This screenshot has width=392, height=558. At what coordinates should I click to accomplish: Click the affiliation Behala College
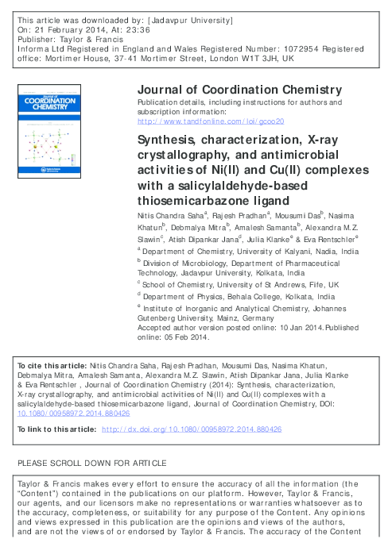(254, 297)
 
